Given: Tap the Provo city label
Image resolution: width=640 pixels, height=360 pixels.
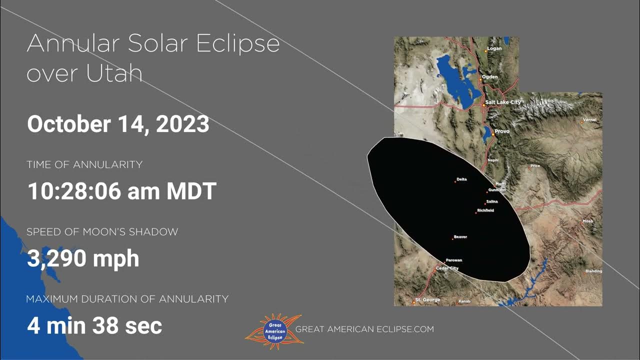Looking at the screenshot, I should [502, 131].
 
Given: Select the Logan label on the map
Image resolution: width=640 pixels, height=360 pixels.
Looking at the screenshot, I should [494, 48].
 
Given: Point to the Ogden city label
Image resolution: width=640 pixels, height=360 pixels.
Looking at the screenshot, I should [490, 78].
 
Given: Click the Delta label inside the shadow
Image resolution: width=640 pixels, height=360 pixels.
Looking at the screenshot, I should [461, 179].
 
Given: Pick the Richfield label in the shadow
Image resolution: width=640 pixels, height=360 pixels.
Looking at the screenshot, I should [485, 210].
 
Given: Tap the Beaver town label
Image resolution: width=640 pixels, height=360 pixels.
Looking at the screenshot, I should [460, 236].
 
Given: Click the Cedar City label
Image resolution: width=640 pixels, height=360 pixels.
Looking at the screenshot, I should [447, 268].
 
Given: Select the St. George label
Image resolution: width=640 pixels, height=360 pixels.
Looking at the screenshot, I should [428, 300].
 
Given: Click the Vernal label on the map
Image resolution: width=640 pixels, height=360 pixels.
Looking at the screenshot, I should [590, 120].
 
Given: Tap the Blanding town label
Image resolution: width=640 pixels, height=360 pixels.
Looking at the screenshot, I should [593, 271].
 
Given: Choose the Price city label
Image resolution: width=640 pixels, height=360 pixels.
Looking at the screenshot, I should [535, 165].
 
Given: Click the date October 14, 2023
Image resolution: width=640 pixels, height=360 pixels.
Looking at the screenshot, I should [118, 124].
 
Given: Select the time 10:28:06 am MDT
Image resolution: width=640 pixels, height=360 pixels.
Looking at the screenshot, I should [121, 191].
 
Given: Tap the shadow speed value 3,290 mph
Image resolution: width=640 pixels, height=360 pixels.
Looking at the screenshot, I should [83, 258].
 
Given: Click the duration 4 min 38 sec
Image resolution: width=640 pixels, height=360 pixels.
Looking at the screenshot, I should [94, 326].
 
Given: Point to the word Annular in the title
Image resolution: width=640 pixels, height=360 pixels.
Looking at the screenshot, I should [72, 44].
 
